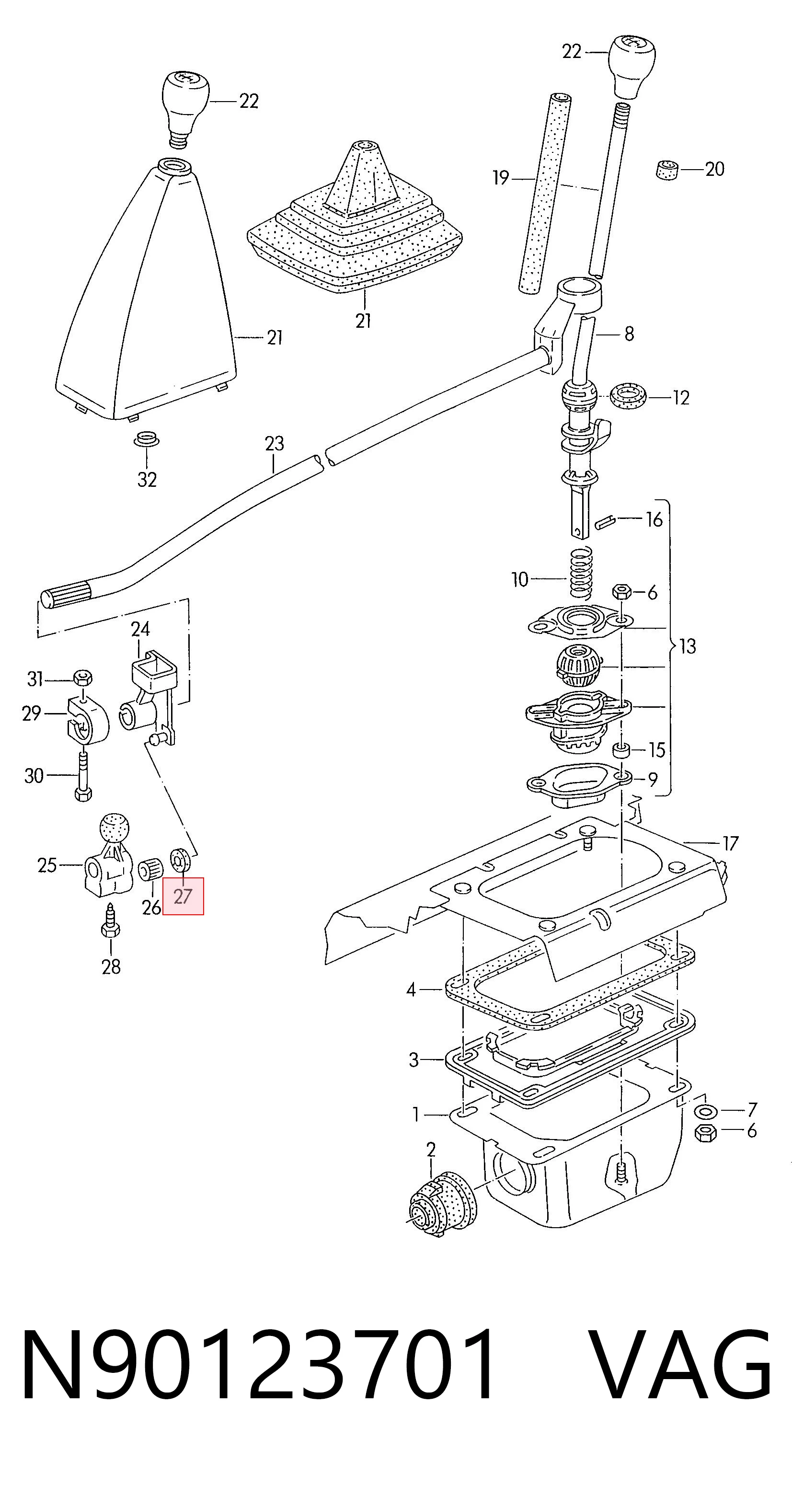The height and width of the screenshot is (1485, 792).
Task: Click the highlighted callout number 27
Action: pyautogui.click(x=183, y=897)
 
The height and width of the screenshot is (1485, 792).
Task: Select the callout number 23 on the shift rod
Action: pyautogui.click(x=275, y=443)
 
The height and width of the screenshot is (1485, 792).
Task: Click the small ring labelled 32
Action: pyautogui.click(x=147, y=439)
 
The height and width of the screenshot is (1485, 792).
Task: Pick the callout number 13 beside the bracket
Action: pyautogui.click(x=687, y=646)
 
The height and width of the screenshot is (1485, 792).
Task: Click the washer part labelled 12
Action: pyautogui.click(x=628, y=397)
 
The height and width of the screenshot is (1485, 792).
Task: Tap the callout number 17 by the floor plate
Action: pyautogui.click(x=730, y=843)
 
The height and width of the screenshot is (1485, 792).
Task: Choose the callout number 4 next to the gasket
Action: pyautogui.click(x=411, y=990)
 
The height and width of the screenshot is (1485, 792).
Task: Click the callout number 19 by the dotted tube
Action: pyautogui.click(x=501, y=178)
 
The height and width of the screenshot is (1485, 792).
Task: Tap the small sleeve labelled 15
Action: pyautogui.click(x=621, y=750)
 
